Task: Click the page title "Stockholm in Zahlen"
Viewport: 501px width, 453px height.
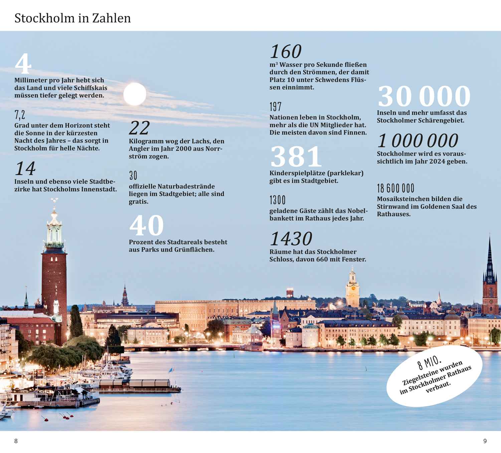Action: pyautogui.click(x=72, y=18)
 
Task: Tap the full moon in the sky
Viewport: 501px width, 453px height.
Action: pyautogui.click(x=135, y=94)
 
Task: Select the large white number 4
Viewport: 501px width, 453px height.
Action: pyautogui.click(x=23, y=64)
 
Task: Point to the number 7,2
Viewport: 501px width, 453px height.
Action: pyautogui.click(x=20, y=115)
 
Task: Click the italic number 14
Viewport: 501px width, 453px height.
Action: pyautogui.click(x=25, y=169)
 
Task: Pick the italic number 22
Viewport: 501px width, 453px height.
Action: pyautogui.click(x=139, y=128)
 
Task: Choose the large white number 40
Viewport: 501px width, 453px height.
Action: pyautogui.click(x=146, y=226)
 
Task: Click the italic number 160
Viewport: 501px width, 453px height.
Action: pyautogui.click(x=286, y=52)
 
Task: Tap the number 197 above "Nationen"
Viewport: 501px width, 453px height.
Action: pyautogui.click(x=276, y=107)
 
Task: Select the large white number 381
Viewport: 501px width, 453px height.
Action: pyautogui.click(x=296, y=157)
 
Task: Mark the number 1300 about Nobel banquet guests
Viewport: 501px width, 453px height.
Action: pyautogui.click(x=278, y=200)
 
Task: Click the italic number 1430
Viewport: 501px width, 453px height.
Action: pyautogui.click(x=291, y=239)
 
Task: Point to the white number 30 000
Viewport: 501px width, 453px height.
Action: pyautogui.click(x=424, y=96)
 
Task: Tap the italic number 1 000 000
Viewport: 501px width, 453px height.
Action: pyautogui.click(x=417, y=141)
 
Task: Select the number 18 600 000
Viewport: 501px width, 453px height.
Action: pyautogui.click(x=395, y=188)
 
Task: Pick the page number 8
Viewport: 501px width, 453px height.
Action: pyautogui.click(x=16, y=441)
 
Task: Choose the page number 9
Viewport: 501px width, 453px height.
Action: pyautogui.click(x=485, y=441)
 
